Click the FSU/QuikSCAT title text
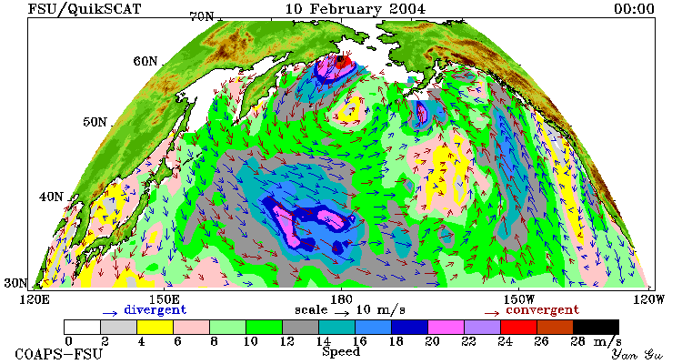pos(85,9)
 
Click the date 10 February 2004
pos(356,9)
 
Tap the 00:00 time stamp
pos(634,9)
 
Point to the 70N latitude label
pos(201,16)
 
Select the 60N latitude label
pos(145,61)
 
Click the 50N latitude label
pos(95,122)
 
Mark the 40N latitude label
pos(51,197)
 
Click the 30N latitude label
pos(15,283)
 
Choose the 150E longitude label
pos(164,300)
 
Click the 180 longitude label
pos(341,300)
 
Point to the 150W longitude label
pos(518,300)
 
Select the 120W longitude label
pos(648,300)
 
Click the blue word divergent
pos(155,309)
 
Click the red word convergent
pos(543,310)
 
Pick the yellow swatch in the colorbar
pos(155,327)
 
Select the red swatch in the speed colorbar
pos(518,327)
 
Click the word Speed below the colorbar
pos(341,351)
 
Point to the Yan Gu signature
pos(637,354)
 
